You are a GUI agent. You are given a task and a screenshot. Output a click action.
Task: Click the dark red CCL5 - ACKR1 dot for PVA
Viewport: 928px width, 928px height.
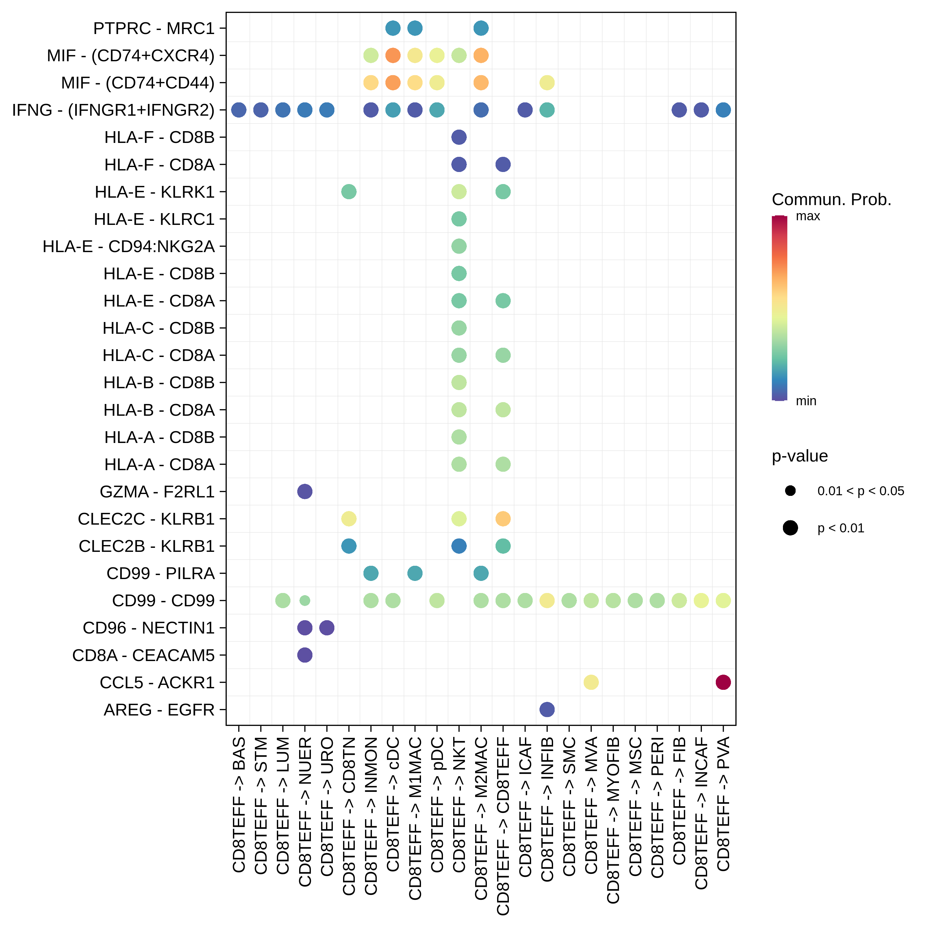[x=723, y=682]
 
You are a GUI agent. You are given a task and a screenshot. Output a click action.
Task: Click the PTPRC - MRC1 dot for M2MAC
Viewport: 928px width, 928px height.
[x=481, y=28]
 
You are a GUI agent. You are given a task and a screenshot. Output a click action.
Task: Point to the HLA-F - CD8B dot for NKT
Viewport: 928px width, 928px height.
[x=459, y=137]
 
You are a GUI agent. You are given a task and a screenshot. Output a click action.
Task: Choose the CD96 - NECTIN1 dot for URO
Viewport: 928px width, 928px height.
[x=327, y=628]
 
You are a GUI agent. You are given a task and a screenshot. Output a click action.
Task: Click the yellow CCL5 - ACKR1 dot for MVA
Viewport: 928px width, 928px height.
[x=591, y=682]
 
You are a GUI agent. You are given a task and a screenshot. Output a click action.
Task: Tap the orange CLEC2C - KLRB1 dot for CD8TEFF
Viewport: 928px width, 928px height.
[x=503, y=519]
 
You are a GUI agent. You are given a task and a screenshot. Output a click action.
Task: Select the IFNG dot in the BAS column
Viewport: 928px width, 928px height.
[x=239, y=110]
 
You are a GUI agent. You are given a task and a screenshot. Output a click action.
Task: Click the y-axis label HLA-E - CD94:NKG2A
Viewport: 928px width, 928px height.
[x=128, y=247]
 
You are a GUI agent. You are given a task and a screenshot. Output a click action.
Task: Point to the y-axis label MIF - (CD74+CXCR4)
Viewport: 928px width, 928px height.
[x=131, y=56]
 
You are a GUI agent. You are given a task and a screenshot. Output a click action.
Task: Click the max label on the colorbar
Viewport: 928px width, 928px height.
[x=808, y=216]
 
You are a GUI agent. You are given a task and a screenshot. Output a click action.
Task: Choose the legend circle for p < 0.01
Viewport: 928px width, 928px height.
[x=790, y=528]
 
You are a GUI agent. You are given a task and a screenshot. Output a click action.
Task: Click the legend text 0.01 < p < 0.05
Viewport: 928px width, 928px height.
[x=861, y=491]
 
